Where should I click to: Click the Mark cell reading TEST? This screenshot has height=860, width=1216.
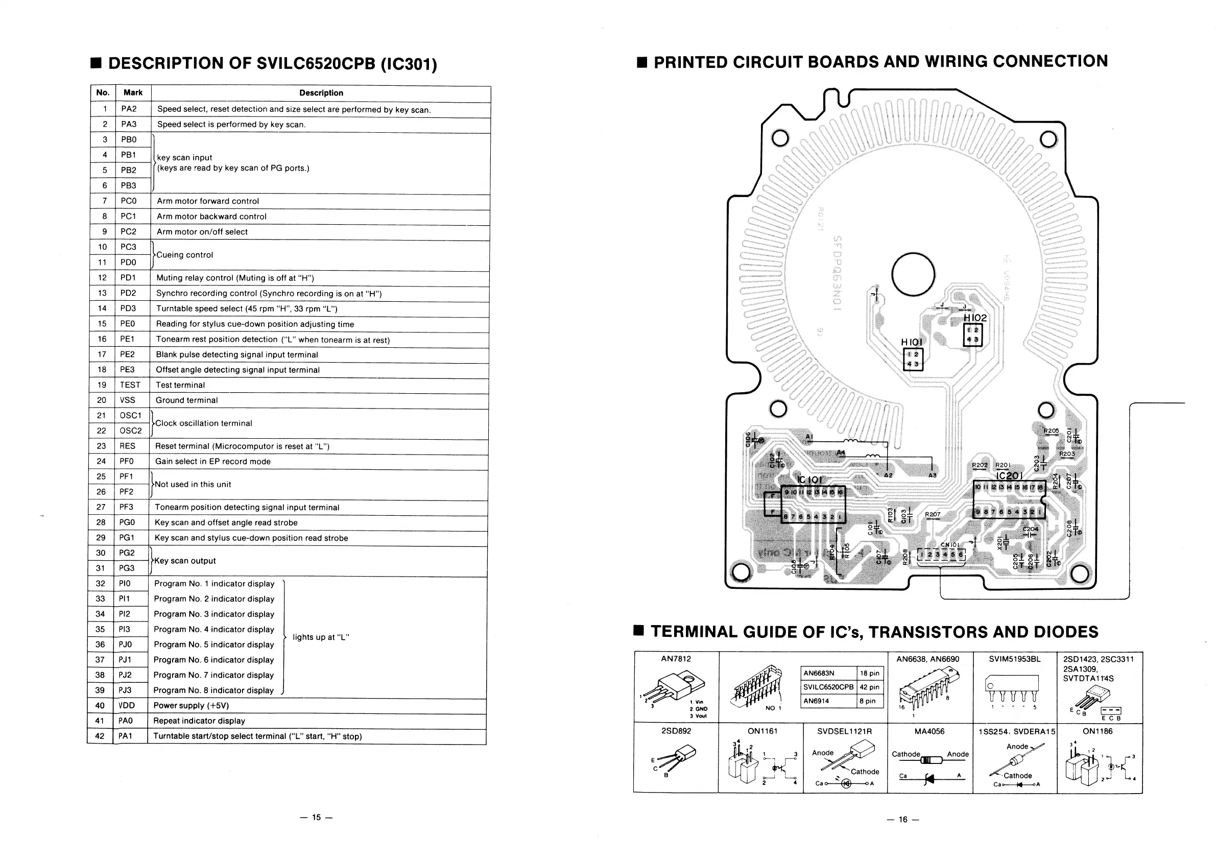(x=130, y=385)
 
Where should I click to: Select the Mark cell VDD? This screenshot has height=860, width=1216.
(x=127, y=705)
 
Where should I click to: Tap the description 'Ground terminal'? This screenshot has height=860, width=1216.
(x=186, y=400)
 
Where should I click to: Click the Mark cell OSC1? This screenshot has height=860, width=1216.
(x=130, y=416)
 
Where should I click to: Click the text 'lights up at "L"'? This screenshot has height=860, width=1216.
(x=320, y=637)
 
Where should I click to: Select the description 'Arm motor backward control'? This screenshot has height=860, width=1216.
(x=211, y=217)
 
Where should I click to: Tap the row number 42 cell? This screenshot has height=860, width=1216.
(x=100, y=736)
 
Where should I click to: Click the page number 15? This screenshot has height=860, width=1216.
(x=316, y=817)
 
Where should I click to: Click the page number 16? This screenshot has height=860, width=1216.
(x=903, y=819)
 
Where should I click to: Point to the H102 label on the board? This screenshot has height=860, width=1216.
(x=975, y=318)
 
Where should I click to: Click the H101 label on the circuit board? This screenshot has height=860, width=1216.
(x=912, y=343)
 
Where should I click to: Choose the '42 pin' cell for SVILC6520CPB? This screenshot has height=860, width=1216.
(x=870, y=687)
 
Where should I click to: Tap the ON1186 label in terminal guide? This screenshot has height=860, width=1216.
(x=1098, y=731)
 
